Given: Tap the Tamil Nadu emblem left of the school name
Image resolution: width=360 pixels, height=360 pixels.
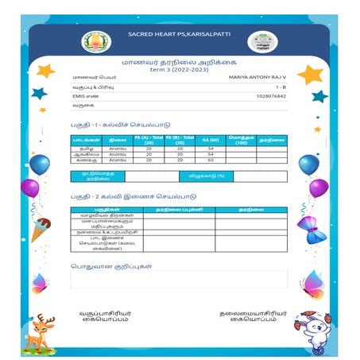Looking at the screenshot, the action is pyautogui.click(x=102, y=40).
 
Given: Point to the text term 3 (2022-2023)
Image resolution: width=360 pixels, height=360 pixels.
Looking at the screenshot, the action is pyautogui.click(x=179, y=69).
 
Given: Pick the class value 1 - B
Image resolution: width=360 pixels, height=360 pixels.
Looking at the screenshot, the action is pyautogui.click(x=281, y=86).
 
